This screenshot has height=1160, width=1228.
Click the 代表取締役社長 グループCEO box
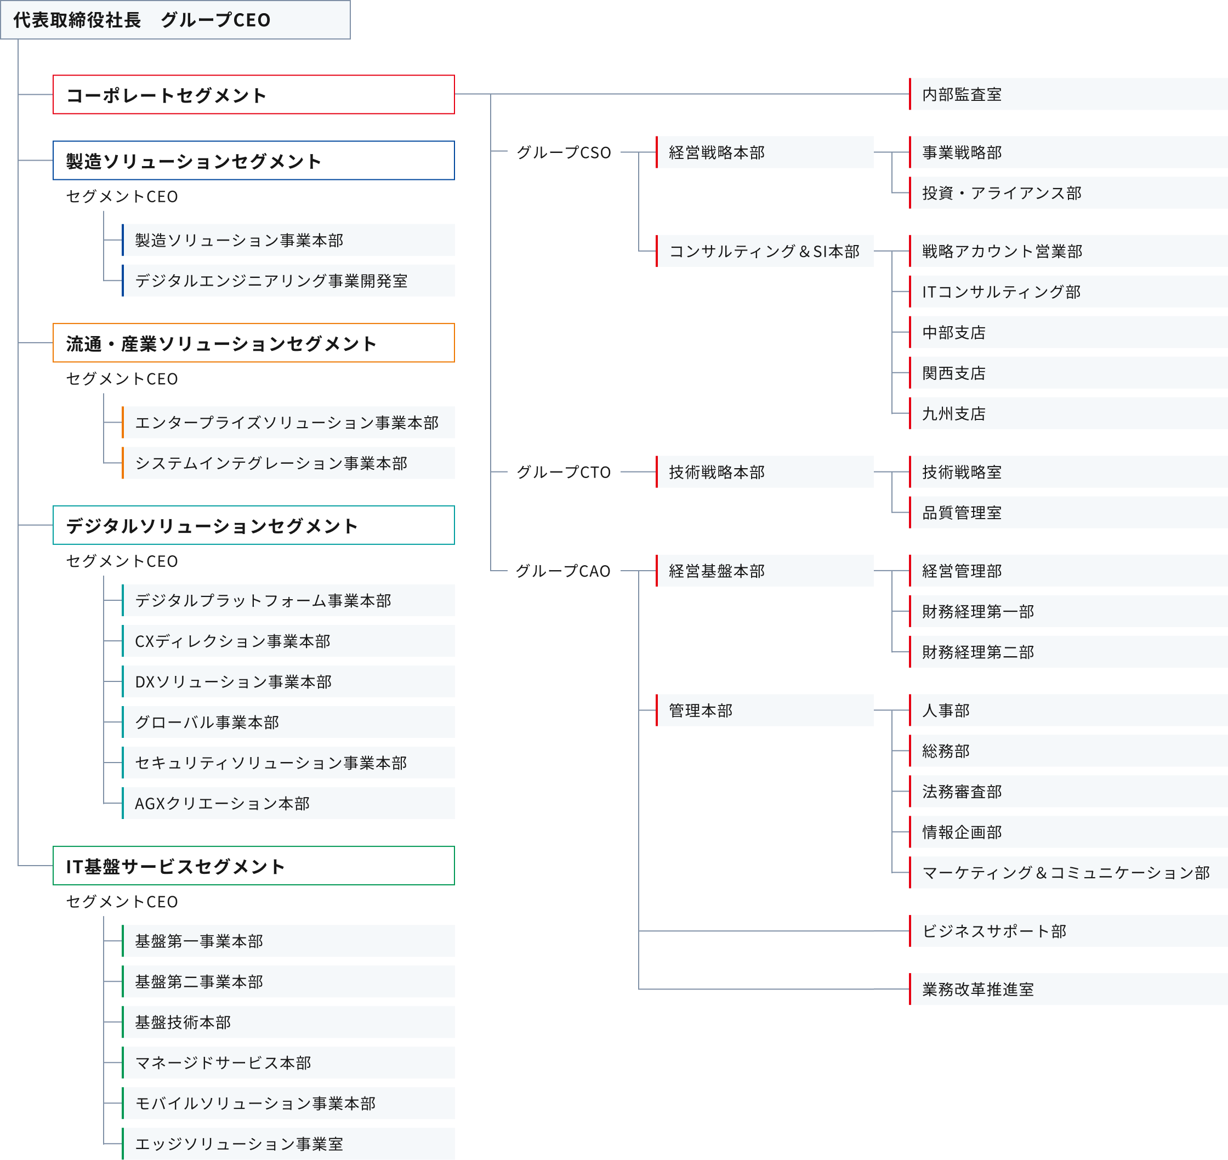[175, 20]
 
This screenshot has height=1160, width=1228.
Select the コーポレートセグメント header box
[253, 95]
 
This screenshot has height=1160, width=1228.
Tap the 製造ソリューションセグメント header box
[253, 161]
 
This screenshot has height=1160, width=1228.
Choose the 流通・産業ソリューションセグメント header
[253, 343]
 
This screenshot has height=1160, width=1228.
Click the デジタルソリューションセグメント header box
[253, 526]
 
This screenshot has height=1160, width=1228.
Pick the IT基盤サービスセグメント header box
[253, 866]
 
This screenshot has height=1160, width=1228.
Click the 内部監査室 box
[1068, 94]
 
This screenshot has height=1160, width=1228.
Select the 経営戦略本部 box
[765, 152]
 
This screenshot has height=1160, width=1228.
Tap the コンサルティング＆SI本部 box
[765, 251]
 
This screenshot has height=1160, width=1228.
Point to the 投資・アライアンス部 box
[1068, 193]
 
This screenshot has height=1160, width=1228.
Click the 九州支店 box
[1068, 413]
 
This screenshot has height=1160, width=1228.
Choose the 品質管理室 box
[1068, 513]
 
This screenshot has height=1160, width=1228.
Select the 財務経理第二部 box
[1068, 652]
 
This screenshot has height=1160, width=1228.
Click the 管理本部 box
[765, 710]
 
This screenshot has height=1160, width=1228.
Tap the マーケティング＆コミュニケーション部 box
[1068, 873]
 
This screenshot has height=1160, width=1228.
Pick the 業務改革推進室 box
[1068, 990]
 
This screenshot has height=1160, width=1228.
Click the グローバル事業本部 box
[289, 722]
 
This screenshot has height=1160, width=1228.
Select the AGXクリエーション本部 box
[289, 803]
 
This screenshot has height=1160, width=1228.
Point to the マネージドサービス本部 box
[289, 1063]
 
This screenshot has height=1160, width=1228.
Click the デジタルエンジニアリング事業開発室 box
[289, 281]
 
